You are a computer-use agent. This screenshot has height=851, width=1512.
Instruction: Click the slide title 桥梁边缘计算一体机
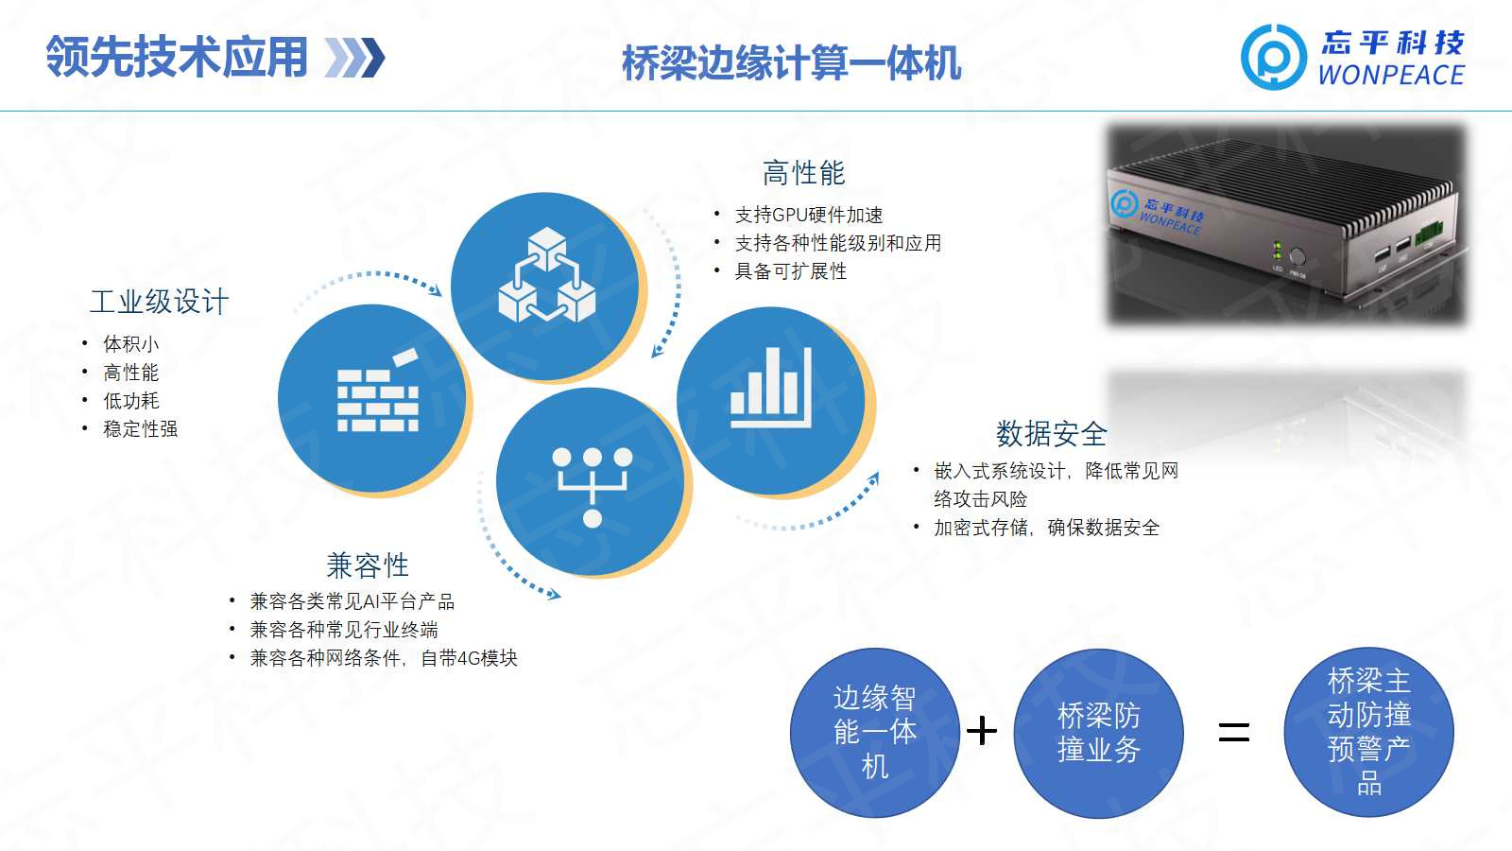(x=791, y=63)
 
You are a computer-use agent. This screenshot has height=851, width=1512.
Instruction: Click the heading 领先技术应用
(x=177, y=57)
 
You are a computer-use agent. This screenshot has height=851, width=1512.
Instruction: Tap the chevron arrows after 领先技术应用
(x=354, y=58)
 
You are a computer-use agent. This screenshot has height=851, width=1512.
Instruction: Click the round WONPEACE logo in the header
(x=1274, y=58)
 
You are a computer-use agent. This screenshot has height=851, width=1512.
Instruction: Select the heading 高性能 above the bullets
(x=803, y=173)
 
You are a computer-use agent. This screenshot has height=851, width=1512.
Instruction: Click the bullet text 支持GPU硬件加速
(x=809, y=215)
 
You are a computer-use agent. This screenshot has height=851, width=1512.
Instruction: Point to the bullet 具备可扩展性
(x=790, y=271)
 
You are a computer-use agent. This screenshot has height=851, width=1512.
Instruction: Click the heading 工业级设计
(x=160, y=302)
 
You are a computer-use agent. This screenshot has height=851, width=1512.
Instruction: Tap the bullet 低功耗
(x=131, y=401)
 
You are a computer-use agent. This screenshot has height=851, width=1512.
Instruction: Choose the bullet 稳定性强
(x=141, y=429)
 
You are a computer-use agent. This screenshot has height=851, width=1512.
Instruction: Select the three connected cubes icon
(x=547, y=275)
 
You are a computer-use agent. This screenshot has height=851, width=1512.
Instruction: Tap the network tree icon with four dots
(x=592, y=487)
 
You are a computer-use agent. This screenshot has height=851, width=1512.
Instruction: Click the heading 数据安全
(x=1051, y=434)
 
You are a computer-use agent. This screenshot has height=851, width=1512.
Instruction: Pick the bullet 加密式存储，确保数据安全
(x=1046, y=528)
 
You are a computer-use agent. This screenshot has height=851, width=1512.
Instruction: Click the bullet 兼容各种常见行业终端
(x=344, y=630)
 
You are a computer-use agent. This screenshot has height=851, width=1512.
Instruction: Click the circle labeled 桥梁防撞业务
(x=1098, y=733)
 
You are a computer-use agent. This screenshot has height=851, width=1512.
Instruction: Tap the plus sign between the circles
(x=982, y=732)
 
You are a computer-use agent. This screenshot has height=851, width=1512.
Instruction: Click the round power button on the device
(x=1297, y=256)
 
